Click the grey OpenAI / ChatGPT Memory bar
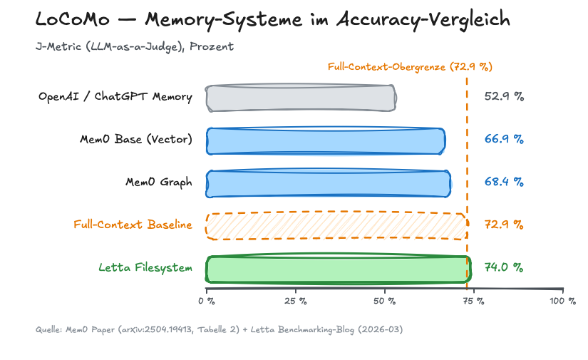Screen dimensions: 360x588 (301, 98)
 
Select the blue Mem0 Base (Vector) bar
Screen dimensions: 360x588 (326, 140)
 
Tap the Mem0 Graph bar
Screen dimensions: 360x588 (329, 183)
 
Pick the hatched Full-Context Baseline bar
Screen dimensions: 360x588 (336, 225)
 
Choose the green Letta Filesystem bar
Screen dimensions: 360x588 (339, 269)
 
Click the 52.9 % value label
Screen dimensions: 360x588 (504, 97)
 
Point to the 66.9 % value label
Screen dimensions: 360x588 (504, 139)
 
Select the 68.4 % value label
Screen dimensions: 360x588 (504, 182)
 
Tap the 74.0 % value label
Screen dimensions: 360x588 (504, 267)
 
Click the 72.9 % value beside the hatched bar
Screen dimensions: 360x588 (504, 225)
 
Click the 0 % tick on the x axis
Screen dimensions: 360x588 (206, 302)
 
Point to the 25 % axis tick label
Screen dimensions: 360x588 (295, 302)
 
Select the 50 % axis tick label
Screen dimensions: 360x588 (384, 302)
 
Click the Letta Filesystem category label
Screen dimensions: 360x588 (145, 268)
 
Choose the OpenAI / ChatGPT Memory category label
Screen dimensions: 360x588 (115, 97)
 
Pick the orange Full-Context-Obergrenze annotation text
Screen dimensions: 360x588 (410, 67)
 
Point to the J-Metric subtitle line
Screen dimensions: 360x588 (135, 46)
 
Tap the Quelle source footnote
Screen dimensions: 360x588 (220, 329)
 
